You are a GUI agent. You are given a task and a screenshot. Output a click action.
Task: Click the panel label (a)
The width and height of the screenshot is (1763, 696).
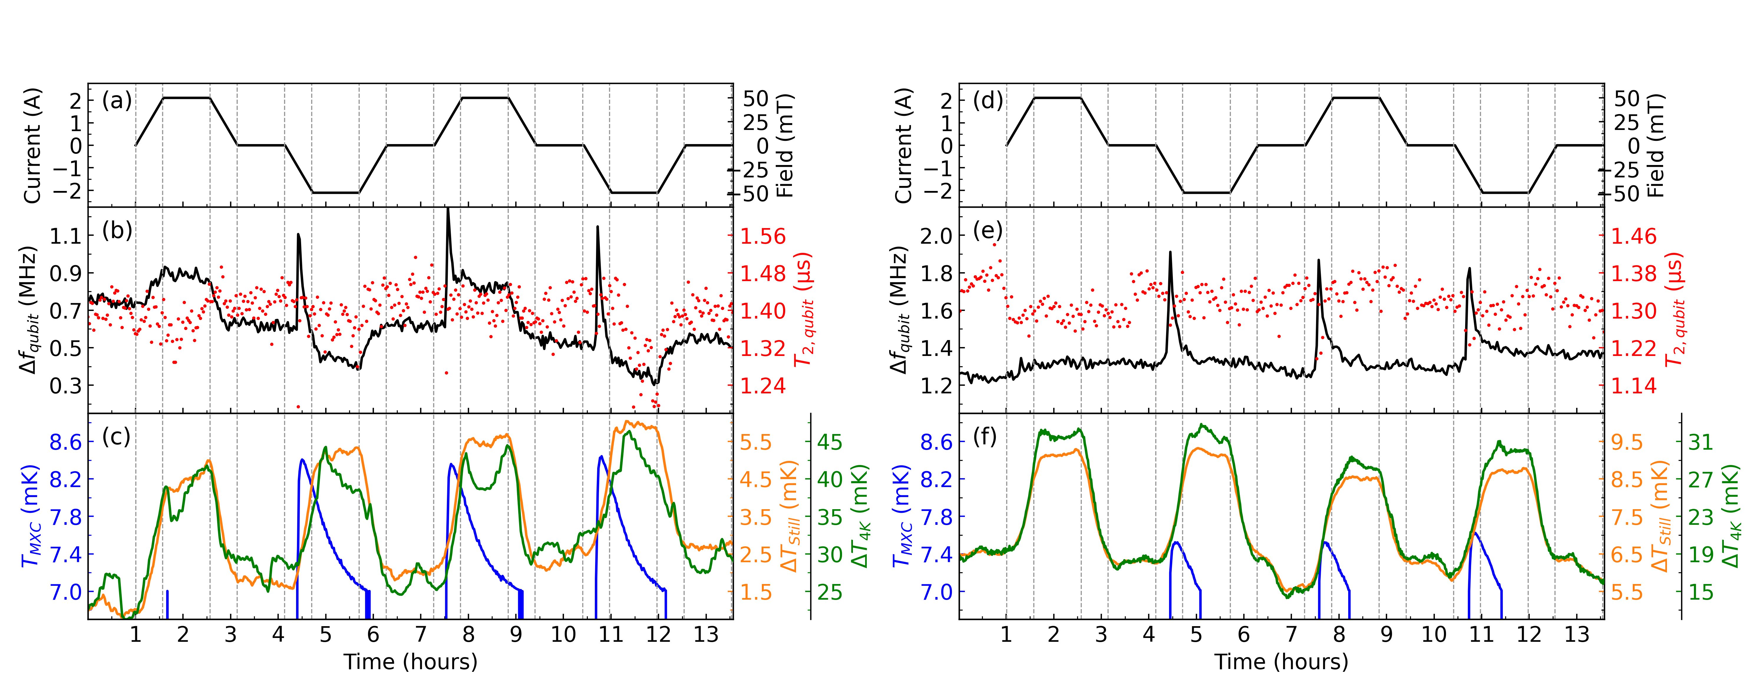click(x=116, y=101)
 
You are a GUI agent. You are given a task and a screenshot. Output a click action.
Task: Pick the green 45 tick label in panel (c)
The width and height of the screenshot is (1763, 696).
click(x=829, y=442)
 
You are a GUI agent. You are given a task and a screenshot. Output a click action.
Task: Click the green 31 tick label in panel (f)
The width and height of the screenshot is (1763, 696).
click(x=1701, y=442)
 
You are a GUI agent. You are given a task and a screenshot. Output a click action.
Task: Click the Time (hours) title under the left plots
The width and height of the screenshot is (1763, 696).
click(x=411, y=662)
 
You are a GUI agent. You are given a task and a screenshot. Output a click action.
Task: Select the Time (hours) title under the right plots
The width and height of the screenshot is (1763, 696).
click(x=1281, y=662)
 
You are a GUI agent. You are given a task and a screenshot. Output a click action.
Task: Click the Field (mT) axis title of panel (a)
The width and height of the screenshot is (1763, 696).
click(x=785, y=146)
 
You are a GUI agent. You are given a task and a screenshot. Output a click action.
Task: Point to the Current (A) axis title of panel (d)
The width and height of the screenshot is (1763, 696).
click(x=903, y=146)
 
